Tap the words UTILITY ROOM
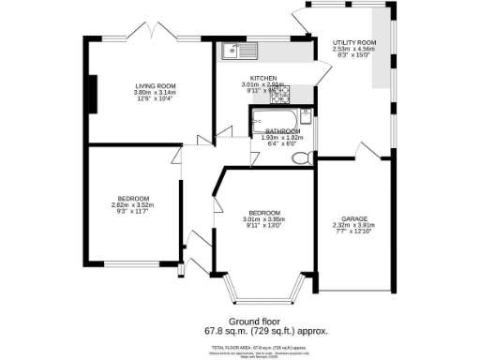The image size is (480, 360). pyautogui.click(x=354, y=43)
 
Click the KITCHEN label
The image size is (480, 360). pyautogui.click(x=262, y=77)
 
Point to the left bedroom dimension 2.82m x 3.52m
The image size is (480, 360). pyautogui.click(x=131, y=204)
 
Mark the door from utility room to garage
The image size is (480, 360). pyautogui.click(x=367, y=150)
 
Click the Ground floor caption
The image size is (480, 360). pyautogui.click(x=239, y=321)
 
